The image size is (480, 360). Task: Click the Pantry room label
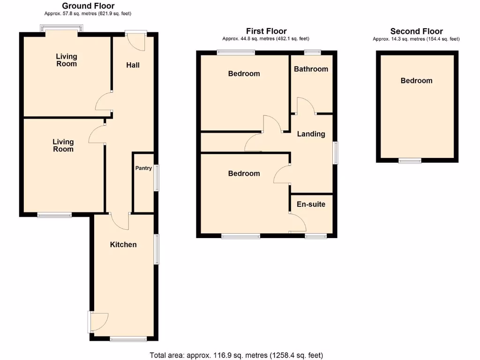(x=143, y=168)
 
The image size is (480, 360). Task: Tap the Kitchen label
(x=123, y=245)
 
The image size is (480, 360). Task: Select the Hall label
(x=133, y=65)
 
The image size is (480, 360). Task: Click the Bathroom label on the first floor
(x=311, y=69)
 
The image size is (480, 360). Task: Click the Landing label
(x=311, y=134)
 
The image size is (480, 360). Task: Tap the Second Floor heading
(x=416, y=31)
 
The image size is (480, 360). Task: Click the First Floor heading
(x=266, y=31)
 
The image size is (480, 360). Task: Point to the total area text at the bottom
(x=236, y=355)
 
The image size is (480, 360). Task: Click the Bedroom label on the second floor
(x=416, y=81)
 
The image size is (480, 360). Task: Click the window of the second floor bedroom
(x=410, y=161)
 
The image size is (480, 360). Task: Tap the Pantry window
(x=157, y=178)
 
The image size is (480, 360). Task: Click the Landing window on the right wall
(x=335, y=153)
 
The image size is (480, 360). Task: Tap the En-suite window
(x=316, y=236)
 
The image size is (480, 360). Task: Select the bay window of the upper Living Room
(x=62, y=30)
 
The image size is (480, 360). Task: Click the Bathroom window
(x=312, y=52)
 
